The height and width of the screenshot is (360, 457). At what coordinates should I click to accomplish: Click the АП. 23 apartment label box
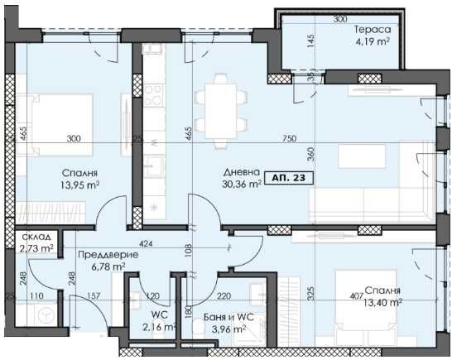point(291,176)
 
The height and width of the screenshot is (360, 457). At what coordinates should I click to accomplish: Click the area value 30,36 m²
point(243,185)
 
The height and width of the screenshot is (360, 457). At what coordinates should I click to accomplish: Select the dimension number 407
point(356,292)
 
